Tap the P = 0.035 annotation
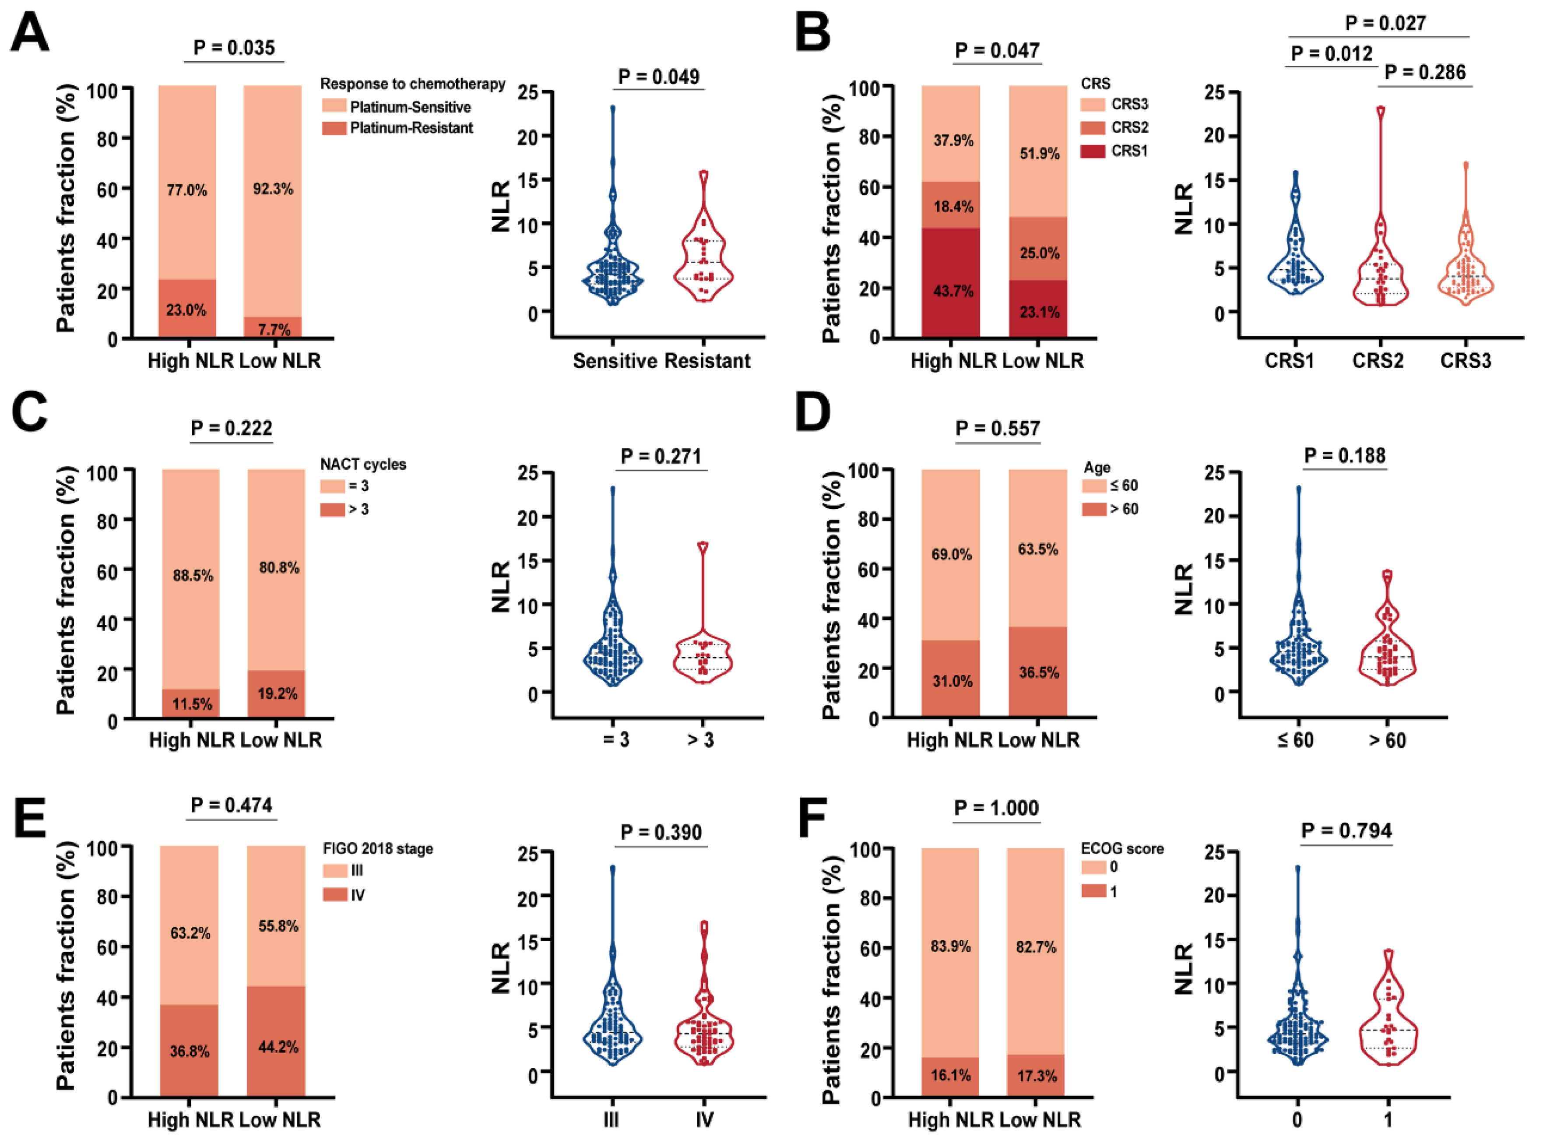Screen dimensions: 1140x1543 [234, 48]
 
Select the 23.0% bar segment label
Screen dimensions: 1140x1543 [186, 310]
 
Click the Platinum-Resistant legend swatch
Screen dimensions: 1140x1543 [334, 128]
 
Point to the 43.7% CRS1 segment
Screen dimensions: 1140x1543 [953, 291]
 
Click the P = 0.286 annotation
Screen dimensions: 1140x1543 [1425, 73]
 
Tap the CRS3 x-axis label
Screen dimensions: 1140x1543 [1465, 361]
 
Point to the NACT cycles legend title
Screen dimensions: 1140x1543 [363, 464]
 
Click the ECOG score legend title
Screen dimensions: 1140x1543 [1122, 849]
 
